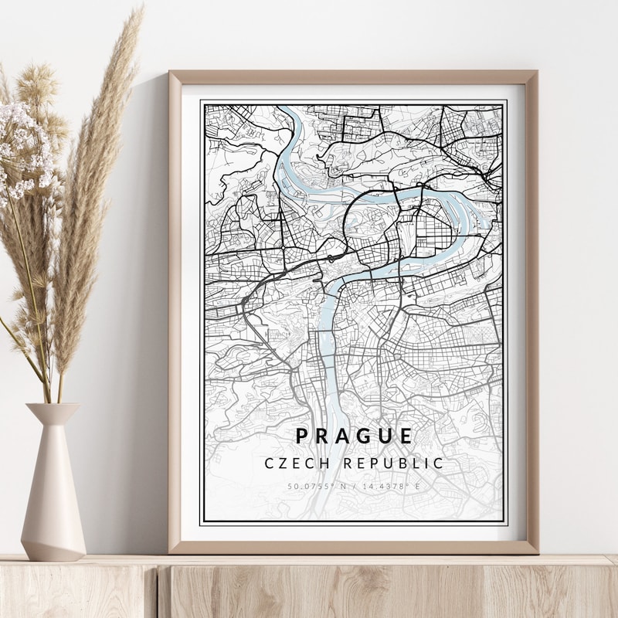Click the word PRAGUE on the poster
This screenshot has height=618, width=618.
[355, 436]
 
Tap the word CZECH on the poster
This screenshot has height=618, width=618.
[291, 463]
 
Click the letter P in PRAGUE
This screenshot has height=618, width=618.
[302, 436]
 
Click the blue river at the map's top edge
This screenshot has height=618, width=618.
[287, 112]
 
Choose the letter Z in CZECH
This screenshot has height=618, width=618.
[280, 463]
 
